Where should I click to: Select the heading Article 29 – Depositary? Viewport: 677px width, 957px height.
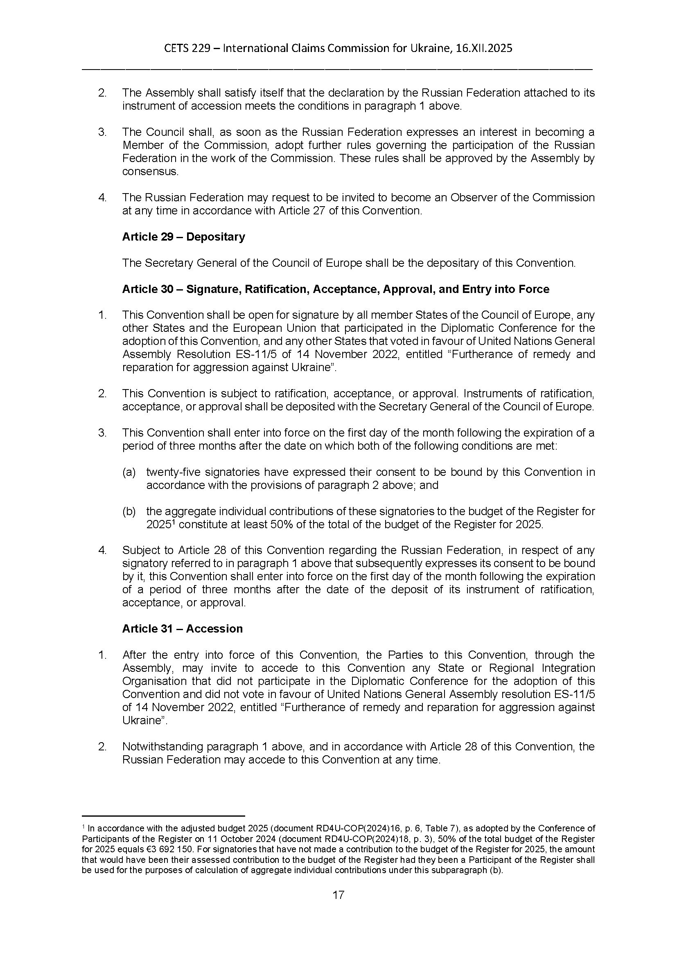point(183,237)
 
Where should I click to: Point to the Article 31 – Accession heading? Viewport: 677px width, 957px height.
point(182,628)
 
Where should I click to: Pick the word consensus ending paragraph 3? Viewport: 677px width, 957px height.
point(150,171)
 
